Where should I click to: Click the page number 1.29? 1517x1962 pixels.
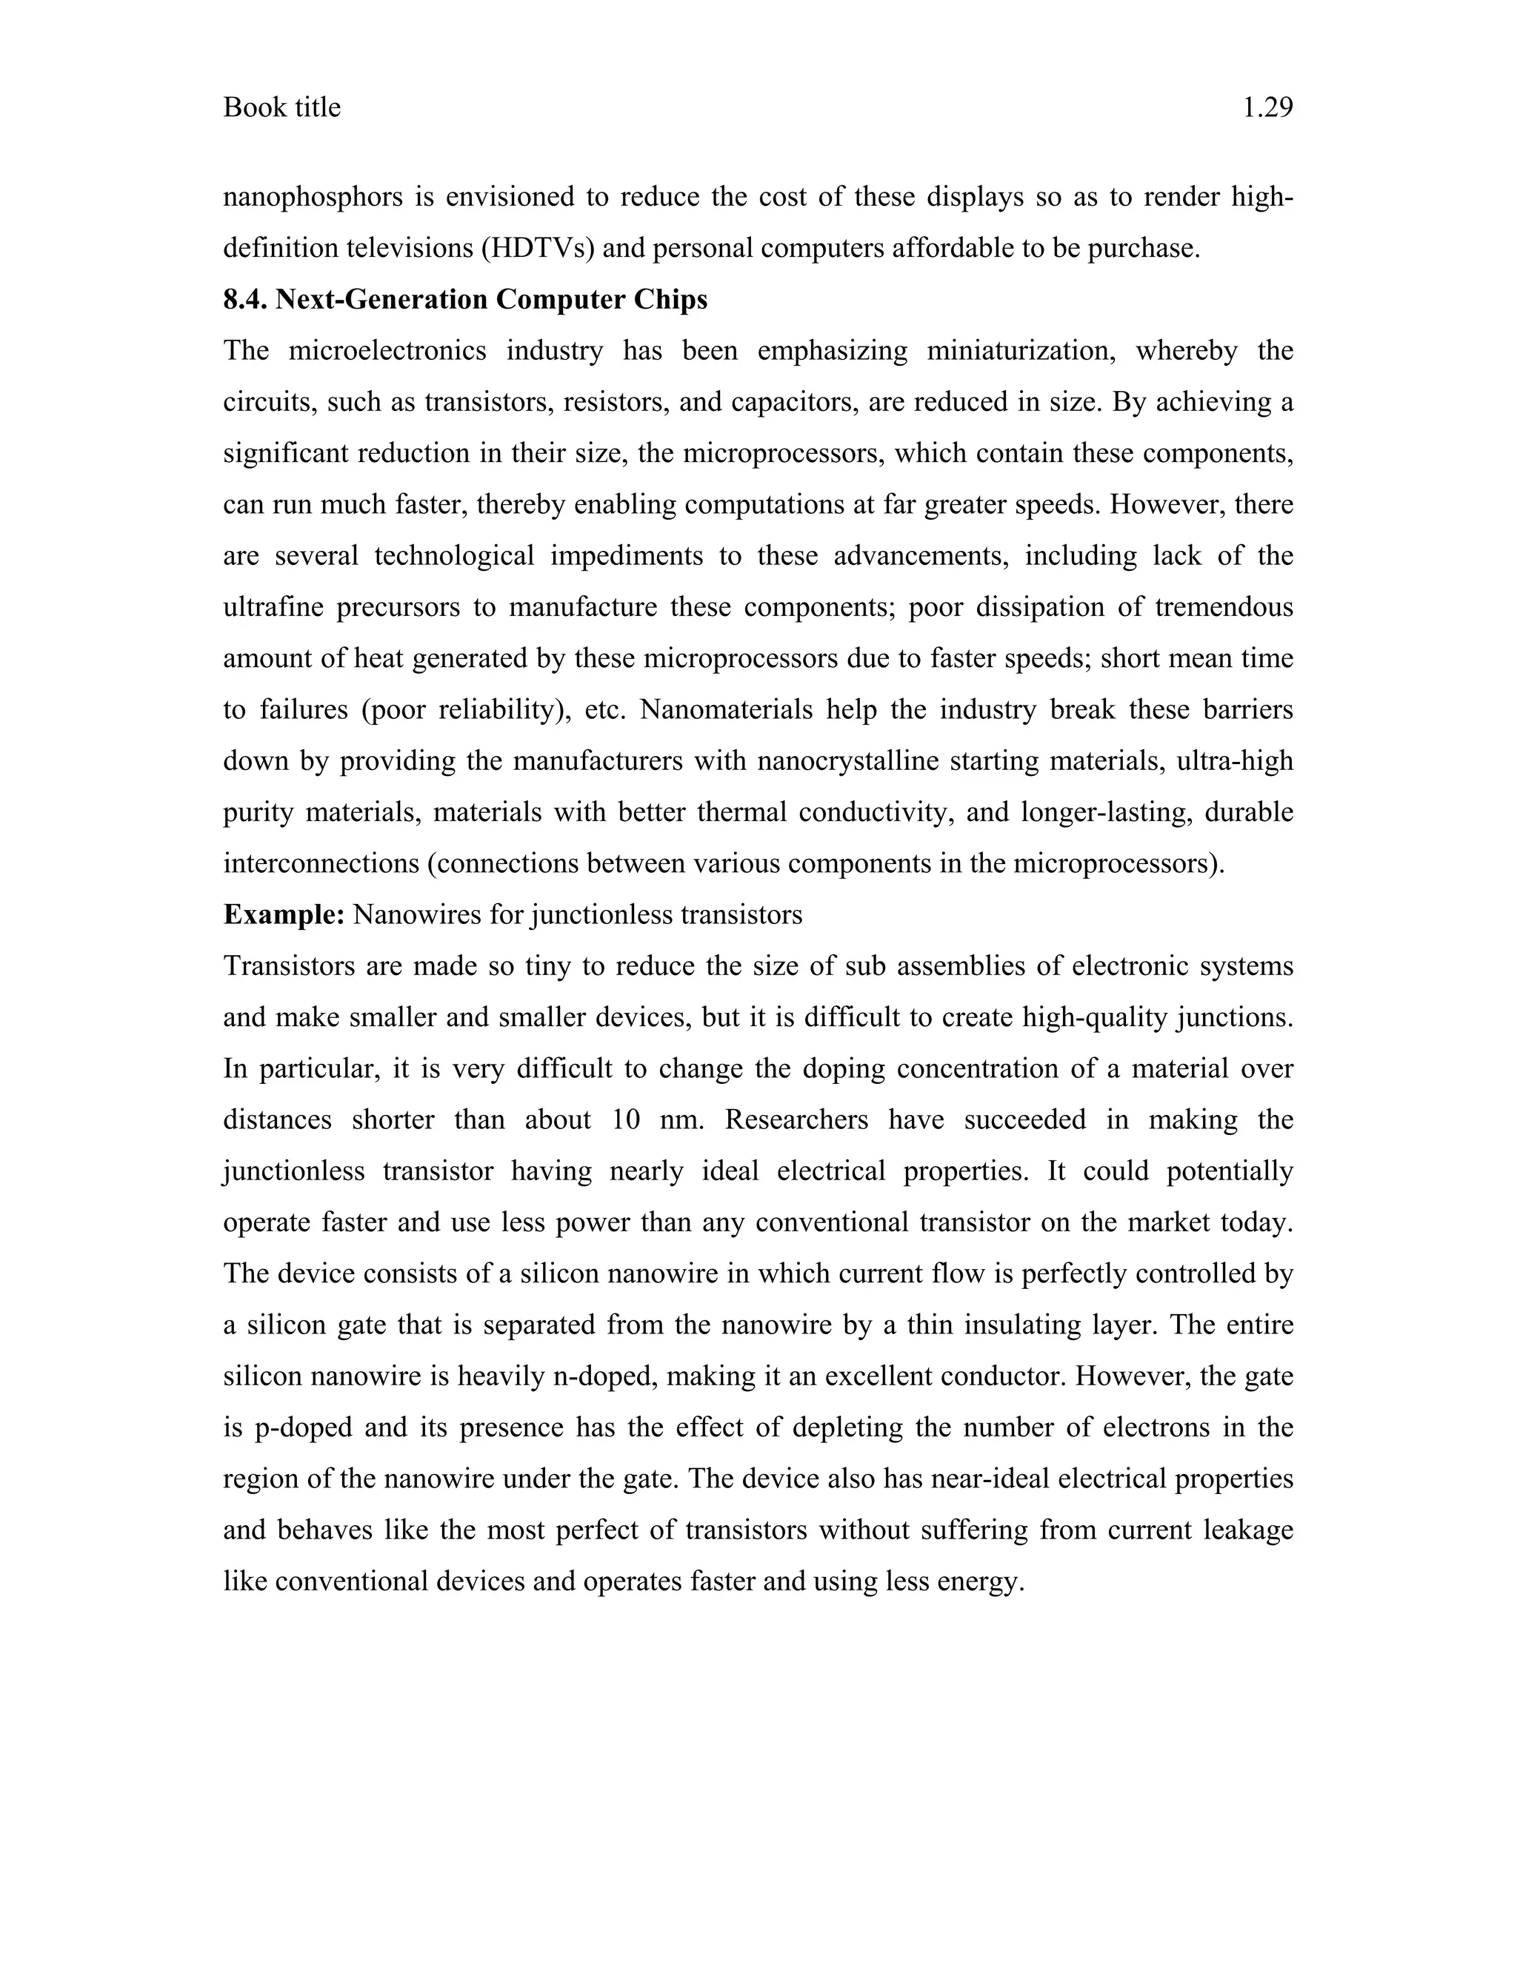click(x=1267, y=108)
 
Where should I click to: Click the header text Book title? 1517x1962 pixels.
click(x=281, y=108)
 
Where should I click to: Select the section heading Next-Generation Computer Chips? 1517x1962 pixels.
click(x=490, y=299)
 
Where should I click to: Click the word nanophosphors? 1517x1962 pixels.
click(x=313, y=197)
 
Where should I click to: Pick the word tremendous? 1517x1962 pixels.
click(x=1223, y=607)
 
